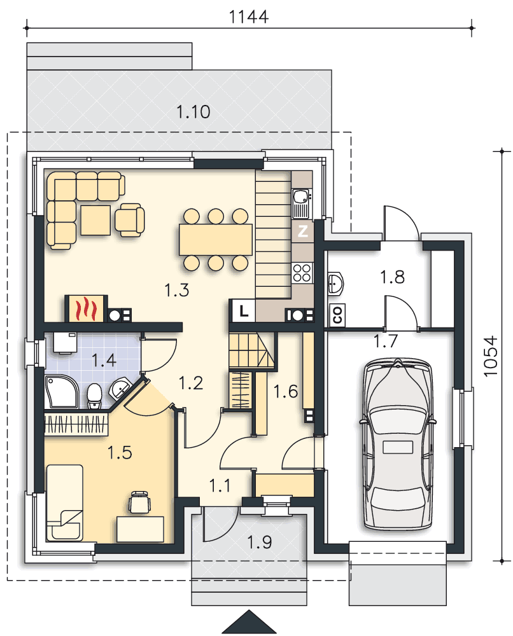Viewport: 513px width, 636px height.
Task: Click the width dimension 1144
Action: (248, 17)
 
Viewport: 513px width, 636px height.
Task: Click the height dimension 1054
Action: (491, 356)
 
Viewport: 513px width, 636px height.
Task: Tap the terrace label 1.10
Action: (193, 112)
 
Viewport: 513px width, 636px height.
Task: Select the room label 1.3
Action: (177, 290)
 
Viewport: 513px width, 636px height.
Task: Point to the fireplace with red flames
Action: (87, 308)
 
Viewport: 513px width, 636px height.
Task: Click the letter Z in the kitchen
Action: (303, 232)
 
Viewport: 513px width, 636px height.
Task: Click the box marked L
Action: (243, 311)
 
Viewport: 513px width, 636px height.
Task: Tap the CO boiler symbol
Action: (337, 314)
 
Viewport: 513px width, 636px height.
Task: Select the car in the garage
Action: (398, 444)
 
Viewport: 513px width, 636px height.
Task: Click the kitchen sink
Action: (301, 203)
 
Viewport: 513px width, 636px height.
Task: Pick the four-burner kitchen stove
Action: (302, 272)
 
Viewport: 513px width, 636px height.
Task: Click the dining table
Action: (216, 240)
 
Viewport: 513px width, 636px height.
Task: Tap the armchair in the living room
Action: (129, 220)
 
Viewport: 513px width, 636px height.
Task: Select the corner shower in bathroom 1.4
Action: (61, 392)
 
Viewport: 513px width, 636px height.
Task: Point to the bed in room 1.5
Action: (65, 503)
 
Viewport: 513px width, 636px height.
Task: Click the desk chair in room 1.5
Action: (139, 502)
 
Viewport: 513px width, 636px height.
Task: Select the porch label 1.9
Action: (259, 543)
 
